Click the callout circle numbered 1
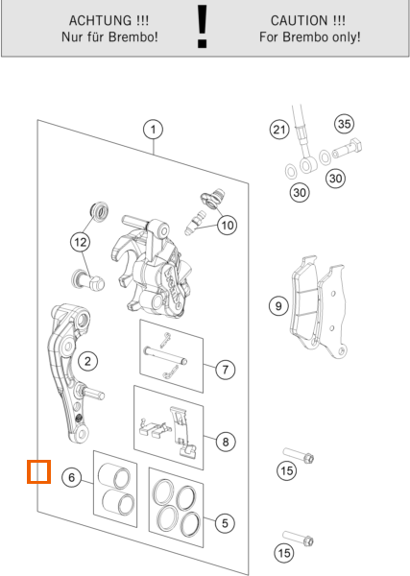coord(153,130)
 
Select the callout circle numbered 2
coord(87,361)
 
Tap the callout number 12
coord(81,242)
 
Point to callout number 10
coord(227,225)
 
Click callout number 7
coord(226,370)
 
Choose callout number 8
coord(226,442)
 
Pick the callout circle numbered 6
coord(71,477)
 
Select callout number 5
coord(225,523)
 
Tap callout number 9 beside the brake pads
coord(278,306)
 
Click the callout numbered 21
coord(279,130)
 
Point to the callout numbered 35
coord(345,124)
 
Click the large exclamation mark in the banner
coord(202,27)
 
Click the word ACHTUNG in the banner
coord(100,20)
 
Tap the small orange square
coord(38,471)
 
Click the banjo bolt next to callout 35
coord(348,149)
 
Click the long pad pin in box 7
coord(166,356)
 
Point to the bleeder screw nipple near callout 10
coord(195,223)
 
